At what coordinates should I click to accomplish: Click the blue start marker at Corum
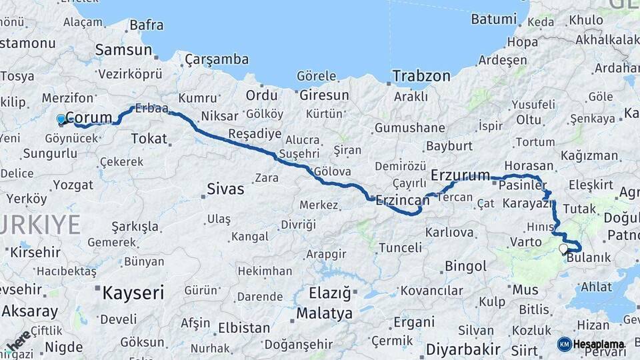[x=61, y=119]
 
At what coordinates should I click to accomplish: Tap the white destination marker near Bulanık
[x=563, y=249]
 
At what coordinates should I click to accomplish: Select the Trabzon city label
[x=421, y=76]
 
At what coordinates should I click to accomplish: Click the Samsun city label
[x=123, y=50]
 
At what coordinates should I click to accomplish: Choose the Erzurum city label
[x=461, y=175]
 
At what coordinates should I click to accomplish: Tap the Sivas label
[x=225, y=189]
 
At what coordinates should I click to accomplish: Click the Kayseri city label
[x=133, y=292]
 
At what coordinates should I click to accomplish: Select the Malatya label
[x=325, y=313]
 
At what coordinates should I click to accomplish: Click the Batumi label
[x=494, y=19]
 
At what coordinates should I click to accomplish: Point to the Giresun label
[x=324, y=95]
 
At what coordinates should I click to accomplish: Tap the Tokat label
[x=149, y=138]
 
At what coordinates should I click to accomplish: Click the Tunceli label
[x=400, y=248]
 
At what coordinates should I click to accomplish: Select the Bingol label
[x=465, y=267]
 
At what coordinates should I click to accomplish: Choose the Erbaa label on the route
[x=151, y=108]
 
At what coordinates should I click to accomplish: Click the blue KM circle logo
[x=564, y=344]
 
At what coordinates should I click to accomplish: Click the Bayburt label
[x=449, y=145]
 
